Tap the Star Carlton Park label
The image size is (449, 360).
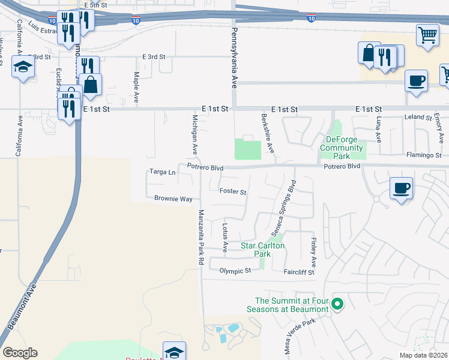pos(263,250)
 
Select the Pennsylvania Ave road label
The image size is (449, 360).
pos(235,57)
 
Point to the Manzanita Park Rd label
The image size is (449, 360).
pos(201,238)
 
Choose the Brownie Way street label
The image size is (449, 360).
pos(173,199)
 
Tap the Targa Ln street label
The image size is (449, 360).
pos(163,172)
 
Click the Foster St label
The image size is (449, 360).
pos(233,192)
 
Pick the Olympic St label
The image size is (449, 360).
pos(235,271)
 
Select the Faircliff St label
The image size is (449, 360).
pos(299,272)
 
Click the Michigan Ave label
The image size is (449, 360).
pos(194,134)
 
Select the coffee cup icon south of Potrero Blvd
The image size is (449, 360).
pos(401,187)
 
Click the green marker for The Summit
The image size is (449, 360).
pos(337,305)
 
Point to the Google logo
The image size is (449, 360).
pos(20,353)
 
